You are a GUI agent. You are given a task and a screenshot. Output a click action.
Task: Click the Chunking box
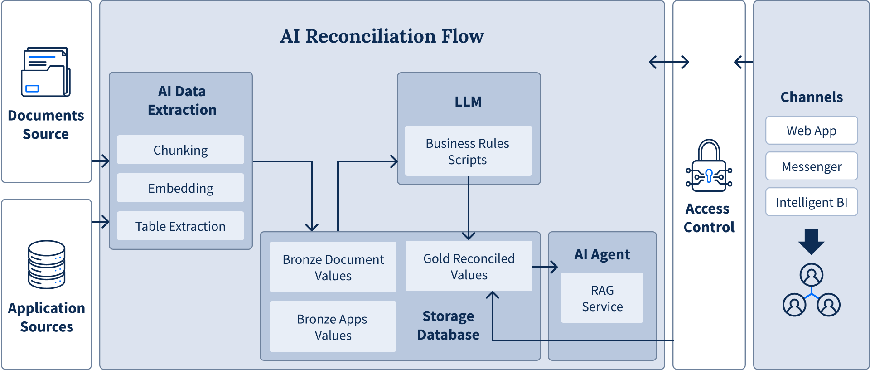pos(180,150)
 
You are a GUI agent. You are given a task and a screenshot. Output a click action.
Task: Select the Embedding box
pos(180,188)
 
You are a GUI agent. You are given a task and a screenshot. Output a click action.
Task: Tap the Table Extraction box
pos(180,226)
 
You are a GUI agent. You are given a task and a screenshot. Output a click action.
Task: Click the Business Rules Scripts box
pos(468,151)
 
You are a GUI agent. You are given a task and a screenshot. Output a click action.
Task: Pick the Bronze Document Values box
pos(333,267)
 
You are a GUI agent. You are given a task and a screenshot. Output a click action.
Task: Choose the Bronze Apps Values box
pos(333,326)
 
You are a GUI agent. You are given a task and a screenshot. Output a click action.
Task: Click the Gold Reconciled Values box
pos(469,266)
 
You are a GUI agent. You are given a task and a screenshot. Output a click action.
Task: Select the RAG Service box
pos(602,298)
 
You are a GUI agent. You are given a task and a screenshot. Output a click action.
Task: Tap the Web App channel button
pos(812,131)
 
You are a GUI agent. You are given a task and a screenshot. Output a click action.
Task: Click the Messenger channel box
pos(812,166)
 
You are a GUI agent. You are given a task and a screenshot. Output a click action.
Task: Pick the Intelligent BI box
pos(812,202)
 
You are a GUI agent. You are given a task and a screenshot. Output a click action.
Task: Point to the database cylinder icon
pos(47,264)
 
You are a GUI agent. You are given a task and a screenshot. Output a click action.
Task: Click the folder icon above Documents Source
pos(46,72)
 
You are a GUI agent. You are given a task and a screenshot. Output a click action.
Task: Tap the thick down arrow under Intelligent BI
pos(812,241)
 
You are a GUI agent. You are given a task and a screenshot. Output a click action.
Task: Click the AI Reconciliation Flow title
pos(382,36)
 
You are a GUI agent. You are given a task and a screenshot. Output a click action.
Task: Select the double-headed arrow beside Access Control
pos(669,62)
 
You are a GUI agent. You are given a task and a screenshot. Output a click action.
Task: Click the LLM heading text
pos(468,102)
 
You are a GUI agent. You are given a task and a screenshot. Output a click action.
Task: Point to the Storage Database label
pos(448,325)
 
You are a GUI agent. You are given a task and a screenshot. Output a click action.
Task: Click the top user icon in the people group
pos(812,275)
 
